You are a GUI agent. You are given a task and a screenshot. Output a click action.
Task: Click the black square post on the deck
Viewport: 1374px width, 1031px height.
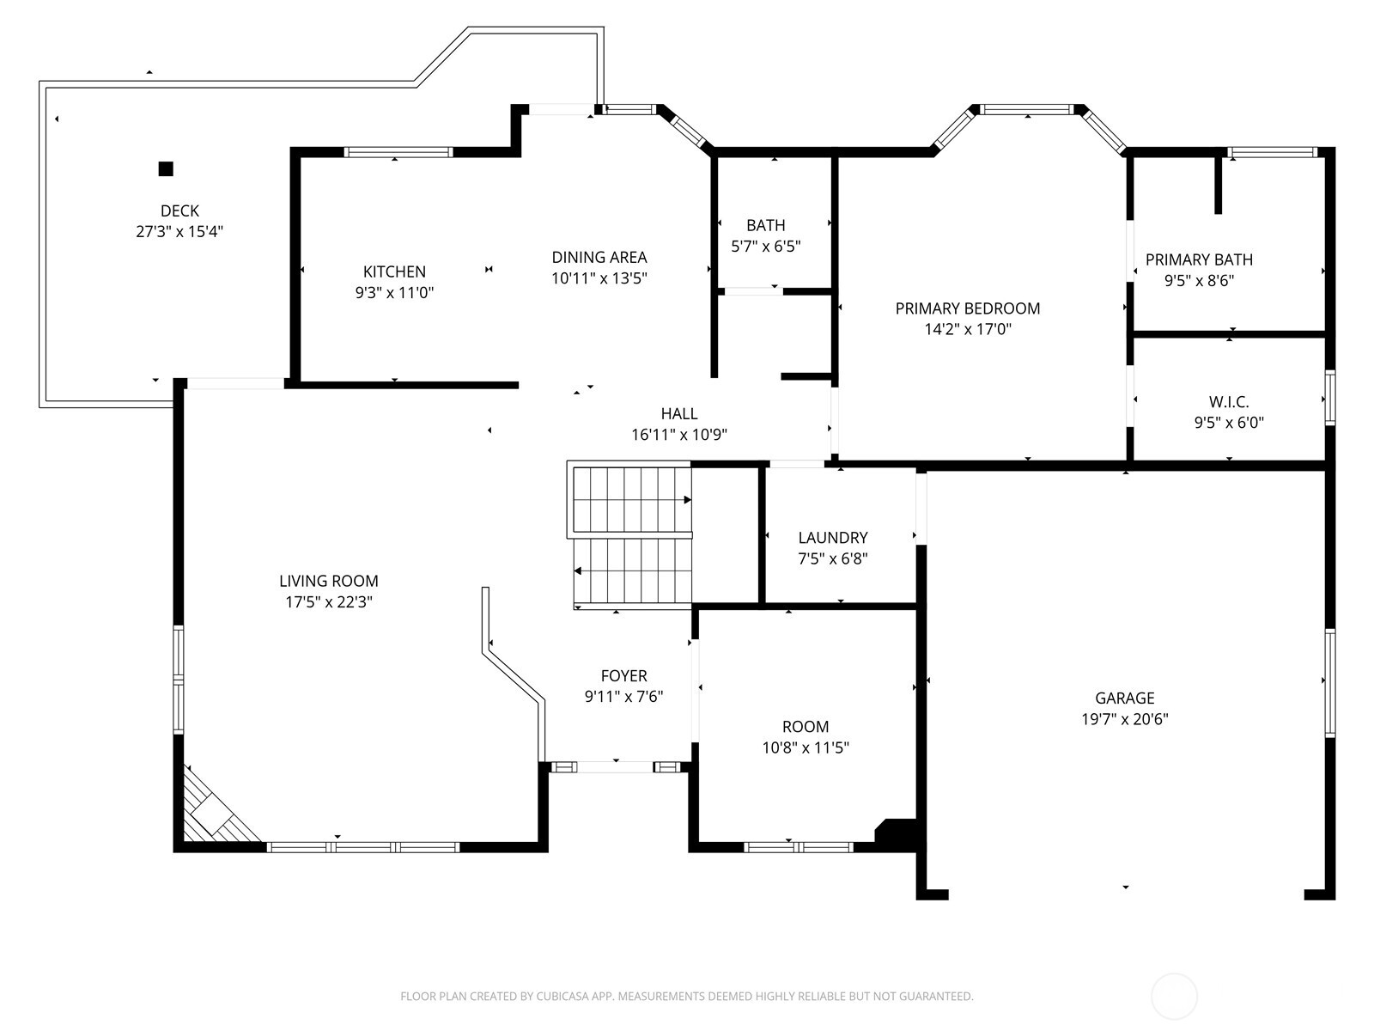click(x=166, y=168)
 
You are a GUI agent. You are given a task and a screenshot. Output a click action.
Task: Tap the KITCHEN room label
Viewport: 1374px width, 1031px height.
click(x=394, y=271)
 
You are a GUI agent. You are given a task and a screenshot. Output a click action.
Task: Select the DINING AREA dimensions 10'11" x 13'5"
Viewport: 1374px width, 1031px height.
click(x=599, y=278)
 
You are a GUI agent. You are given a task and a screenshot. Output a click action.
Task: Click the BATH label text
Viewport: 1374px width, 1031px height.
click(x=765, y=225)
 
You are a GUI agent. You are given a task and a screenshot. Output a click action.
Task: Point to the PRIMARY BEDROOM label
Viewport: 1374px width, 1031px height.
click(x=967, y=308)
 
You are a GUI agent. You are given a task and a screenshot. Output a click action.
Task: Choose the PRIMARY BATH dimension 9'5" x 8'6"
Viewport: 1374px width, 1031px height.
click(x=1199, y=280)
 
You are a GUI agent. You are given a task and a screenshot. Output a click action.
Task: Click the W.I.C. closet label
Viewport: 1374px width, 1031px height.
click(x=1228, y=402)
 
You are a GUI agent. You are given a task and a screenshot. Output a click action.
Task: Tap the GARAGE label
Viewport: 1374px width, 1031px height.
click(x=1124, y=699)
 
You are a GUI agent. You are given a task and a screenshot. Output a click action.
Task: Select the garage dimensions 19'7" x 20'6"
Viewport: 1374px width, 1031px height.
click(x=1124, y=719)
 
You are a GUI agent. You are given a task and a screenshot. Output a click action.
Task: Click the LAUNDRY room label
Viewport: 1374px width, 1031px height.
click(x=832, y=538)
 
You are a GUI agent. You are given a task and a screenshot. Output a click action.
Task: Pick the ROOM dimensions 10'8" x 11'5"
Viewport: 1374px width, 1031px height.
click(x=805, y=747)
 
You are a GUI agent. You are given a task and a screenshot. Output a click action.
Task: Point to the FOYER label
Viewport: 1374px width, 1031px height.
click(x=623, y=676)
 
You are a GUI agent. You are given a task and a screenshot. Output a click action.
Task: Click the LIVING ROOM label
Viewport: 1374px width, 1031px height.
click(x=328, y=582)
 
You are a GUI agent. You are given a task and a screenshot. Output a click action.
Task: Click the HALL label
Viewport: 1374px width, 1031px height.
click(x=678, y=414)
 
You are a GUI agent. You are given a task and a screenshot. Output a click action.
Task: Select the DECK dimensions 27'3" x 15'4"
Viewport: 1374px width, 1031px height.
click(x=179, y=231)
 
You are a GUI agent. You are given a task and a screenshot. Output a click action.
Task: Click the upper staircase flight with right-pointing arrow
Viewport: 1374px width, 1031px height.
click(x=631, y=500)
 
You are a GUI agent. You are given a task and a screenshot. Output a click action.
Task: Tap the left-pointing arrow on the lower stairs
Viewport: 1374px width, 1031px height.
click(x=579, y=570)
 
